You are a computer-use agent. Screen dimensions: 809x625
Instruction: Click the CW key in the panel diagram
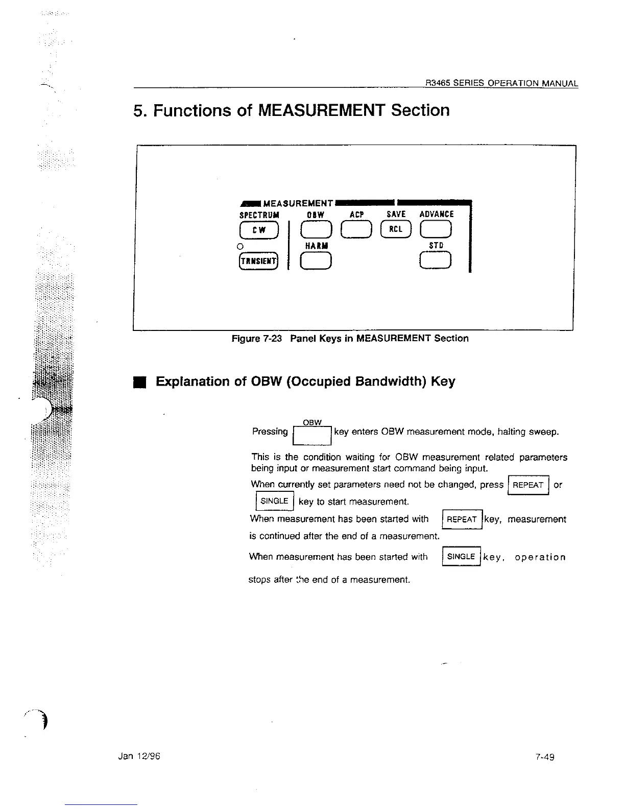point(259,230)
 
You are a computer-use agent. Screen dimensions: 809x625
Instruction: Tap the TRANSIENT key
point(258,261)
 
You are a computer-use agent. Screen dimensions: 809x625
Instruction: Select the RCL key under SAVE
point(396,230)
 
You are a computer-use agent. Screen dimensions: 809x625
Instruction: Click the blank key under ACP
point(356,230)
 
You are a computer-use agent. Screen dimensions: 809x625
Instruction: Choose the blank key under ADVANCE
point(436,230)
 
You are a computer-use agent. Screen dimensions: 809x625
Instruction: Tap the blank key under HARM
point(316,261)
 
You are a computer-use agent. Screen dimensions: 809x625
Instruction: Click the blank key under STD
point(436,261)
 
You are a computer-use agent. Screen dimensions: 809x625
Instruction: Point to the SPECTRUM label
point(259,215)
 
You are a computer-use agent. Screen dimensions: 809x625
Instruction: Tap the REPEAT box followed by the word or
point(528,485)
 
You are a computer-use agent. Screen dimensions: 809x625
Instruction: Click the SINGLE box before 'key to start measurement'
point(274,501)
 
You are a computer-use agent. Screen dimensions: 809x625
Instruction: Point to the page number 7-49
point(545,757)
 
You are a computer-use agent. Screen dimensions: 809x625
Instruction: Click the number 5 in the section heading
point(137,110)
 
